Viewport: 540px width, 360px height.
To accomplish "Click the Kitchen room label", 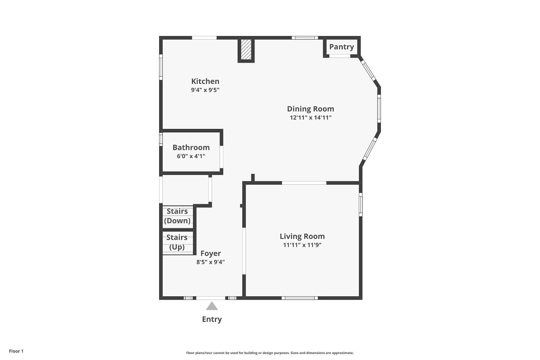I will (x=205, y=81).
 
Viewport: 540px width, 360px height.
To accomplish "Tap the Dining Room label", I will (x=310, y=109).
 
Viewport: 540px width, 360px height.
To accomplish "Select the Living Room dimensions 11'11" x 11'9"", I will (x=302, y=245).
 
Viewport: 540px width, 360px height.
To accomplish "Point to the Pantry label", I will (x=341, y=47).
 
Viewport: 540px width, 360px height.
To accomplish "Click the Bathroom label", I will (x=191, y=147).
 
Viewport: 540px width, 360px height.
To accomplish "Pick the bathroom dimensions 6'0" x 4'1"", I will (x=191, y=156).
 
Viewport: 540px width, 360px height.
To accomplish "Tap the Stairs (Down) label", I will (x=177, y=216).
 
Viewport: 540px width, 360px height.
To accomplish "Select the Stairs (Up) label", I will (x=177, y=242).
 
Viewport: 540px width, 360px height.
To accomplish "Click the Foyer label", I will (x=211, y=253).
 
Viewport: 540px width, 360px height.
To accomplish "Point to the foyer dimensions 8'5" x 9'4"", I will (x=211, y=262).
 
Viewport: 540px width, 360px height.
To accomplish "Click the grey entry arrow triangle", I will (x=212, y=306).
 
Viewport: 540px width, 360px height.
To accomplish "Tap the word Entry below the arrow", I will (x=212, y=319).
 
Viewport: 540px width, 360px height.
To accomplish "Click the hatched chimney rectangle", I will (x=246, y=50).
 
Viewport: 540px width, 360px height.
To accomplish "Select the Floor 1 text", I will (x=16, y=351).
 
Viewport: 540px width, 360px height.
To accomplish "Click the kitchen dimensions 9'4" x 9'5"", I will (x=205, y=90).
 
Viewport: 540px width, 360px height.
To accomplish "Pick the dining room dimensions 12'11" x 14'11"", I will (x=310, y=117).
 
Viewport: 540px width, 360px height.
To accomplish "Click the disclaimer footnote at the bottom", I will (x=270, y=353).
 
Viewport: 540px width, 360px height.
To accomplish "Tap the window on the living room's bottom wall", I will (x=300, y=298).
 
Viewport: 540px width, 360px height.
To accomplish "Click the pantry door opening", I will (x=340, y=56).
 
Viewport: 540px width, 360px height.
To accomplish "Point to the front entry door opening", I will (x=211, y=298).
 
